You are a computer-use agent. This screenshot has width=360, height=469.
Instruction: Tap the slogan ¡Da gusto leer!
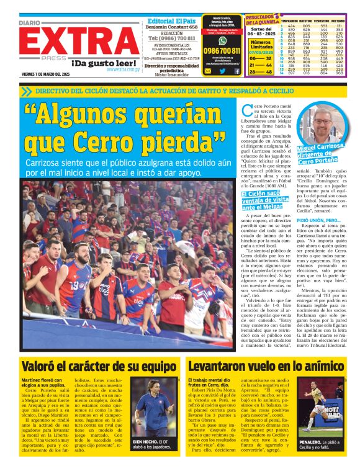coord(103,63)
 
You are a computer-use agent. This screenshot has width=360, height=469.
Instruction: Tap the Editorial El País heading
coord(172,20)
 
